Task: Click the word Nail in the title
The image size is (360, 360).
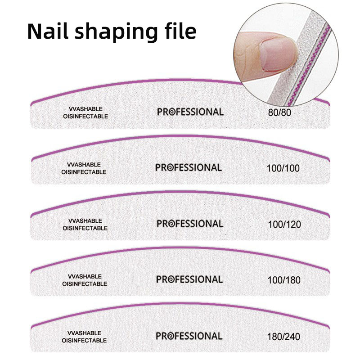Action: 48,31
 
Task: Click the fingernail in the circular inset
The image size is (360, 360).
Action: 277,54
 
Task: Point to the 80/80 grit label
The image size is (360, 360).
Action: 279,112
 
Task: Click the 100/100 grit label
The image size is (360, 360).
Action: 283,168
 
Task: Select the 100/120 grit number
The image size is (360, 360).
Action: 284,224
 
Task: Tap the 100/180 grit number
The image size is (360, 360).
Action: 284,280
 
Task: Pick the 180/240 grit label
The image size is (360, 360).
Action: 283,337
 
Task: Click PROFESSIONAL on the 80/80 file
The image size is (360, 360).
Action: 190,112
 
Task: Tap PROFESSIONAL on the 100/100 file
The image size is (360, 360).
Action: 189,167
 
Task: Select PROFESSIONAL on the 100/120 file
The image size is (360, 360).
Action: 190,224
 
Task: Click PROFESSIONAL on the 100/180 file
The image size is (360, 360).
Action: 189,279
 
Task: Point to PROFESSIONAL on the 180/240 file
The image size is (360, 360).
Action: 189,336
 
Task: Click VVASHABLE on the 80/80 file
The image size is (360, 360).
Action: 85,109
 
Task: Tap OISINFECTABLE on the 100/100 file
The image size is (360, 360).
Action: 84,172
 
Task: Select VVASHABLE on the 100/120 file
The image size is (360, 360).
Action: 85,220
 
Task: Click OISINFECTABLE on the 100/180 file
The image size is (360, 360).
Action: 85,284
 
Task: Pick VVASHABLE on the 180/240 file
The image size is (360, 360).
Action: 84,333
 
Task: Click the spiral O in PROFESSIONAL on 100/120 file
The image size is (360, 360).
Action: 172,224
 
